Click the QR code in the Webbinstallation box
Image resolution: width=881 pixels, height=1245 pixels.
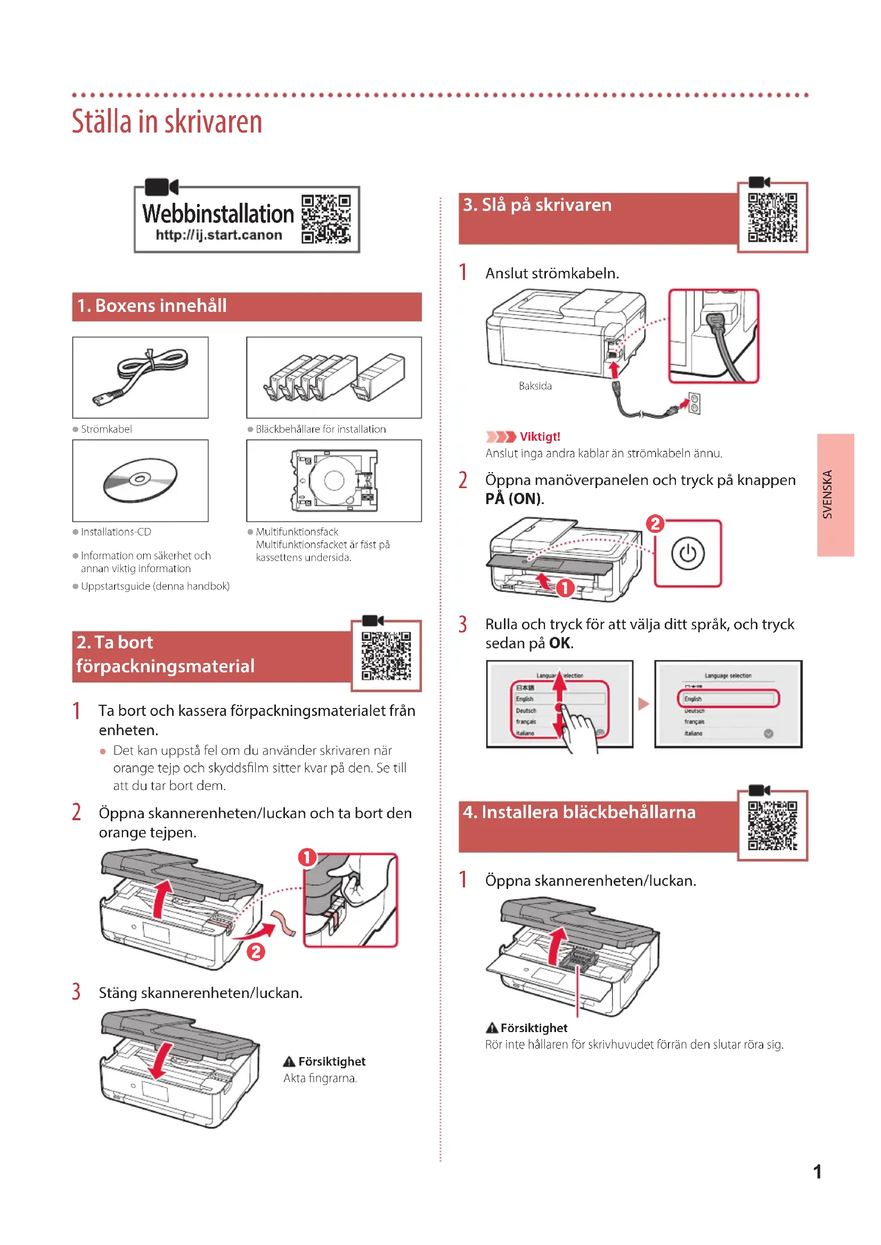326,219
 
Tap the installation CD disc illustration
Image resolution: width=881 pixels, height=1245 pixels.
140,481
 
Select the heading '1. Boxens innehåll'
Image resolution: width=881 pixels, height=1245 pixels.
152,306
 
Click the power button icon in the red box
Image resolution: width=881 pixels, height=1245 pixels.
687,554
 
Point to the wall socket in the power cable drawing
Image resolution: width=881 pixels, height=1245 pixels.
695,403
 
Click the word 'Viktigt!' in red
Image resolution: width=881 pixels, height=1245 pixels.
539,436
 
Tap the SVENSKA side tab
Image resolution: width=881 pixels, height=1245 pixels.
835,494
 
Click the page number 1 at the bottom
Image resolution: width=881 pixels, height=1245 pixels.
817,1172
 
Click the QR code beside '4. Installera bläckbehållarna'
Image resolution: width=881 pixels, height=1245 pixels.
772,826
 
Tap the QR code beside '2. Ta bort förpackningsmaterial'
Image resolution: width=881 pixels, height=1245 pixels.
386,656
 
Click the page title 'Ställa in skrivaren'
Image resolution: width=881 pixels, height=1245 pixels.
167,121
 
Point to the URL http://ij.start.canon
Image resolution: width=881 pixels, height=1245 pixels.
218,235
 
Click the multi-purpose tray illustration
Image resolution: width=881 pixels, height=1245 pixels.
333,481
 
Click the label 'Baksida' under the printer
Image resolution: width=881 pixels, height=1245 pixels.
535,386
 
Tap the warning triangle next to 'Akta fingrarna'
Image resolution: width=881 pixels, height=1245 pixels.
289,1062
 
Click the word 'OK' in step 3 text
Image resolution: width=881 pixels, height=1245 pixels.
559,643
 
